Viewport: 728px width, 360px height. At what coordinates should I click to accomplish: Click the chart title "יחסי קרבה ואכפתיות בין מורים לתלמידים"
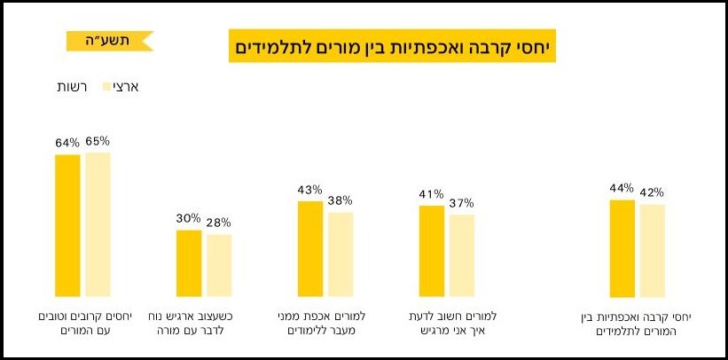tap(390, 45)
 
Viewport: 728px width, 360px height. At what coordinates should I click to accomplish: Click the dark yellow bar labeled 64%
tap(67, 226)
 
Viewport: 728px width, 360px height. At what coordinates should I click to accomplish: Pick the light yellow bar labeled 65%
tap(98, 225)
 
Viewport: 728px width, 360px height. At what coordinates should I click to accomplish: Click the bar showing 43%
tap(310, 249)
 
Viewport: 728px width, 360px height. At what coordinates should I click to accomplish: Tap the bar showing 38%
tap(341, 254)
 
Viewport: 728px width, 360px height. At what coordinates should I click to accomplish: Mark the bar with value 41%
tap(432, 251)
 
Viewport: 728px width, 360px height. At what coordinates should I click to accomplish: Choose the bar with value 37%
tap(462, 255)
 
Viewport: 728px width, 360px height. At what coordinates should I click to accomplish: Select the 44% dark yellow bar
tap(622, 248)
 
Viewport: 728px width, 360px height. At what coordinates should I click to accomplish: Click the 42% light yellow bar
tap(653, 251)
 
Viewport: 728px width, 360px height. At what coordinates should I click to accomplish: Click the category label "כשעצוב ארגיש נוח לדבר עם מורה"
tap(204, 324)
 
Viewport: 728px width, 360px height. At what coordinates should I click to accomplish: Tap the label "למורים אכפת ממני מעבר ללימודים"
tap(325, 324)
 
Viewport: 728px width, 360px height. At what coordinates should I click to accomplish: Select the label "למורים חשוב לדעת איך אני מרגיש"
tap(446, 324)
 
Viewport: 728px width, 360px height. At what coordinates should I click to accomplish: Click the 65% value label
tap(98, 141)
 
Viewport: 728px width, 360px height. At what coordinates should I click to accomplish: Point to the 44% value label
tap(622, 188)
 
